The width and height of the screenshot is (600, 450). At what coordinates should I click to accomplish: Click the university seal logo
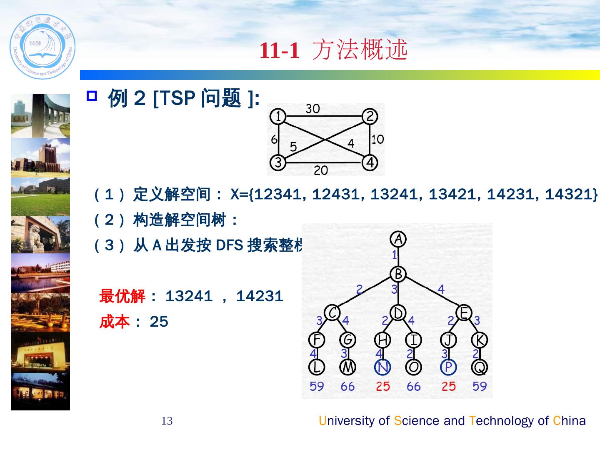pos(42,47)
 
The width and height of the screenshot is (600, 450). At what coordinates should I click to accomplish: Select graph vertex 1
pos(277,116)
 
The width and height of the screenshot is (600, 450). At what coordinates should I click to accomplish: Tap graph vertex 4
pos(370,162)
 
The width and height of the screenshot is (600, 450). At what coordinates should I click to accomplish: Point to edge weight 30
pos(312,109)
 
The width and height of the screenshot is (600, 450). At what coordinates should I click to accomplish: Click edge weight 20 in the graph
pos(321,170)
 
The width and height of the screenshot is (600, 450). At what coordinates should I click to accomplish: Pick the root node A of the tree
pos(398,239)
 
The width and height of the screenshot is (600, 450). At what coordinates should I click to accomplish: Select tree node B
pos(398,274)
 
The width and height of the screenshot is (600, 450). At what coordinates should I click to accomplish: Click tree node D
pos(398,312)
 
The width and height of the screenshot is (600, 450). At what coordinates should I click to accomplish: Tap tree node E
pos(464,312)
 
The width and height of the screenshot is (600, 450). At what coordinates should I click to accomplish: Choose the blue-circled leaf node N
pos(382,367)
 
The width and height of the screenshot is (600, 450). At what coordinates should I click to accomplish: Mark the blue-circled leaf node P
pos(448,367)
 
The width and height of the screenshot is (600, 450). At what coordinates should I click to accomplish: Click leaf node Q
pos(480,367)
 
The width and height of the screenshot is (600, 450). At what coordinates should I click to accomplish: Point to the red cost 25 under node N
pos(382,386)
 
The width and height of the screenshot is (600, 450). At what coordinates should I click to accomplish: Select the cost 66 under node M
pos(347,386)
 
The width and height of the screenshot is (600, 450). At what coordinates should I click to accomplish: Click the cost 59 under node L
pos(317,386)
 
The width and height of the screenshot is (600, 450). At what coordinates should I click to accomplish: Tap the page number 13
pos(167,421)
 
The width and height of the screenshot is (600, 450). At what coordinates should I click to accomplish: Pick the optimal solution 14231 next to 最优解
pos(260,297)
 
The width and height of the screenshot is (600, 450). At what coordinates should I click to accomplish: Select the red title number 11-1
pos(280,51)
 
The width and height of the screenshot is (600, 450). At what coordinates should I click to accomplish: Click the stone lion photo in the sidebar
pos(40,235)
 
